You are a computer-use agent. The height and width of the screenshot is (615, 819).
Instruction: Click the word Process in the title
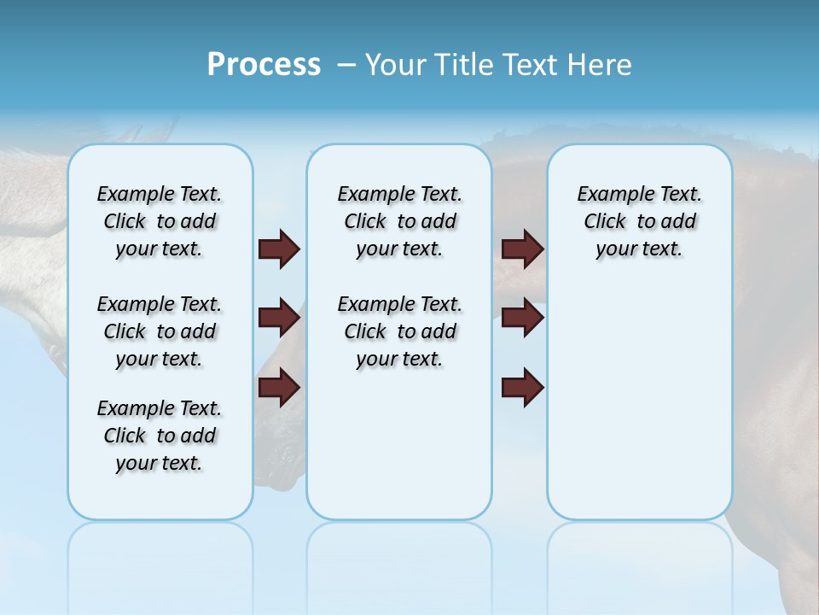pos(264,65)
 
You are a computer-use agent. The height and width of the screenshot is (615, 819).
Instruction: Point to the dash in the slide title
pos(346,66)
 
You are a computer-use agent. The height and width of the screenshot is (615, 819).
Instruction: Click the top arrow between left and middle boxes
pos(279,249)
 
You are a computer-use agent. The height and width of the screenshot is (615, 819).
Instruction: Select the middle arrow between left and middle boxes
pos(279,318)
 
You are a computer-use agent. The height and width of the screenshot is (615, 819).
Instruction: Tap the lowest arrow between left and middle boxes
pos(279,388)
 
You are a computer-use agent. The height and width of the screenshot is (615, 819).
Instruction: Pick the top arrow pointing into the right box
pos(522,249)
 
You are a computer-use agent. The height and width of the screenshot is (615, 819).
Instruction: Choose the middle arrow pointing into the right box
pos(522,318)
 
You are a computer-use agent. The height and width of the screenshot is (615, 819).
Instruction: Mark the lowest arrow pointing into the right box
pos(522,388)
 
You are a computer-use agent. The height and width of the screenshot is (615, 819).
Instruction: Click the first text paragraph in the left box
pos(160,221)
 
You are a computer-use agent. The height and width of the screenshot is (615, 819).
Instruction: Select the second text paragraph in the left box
pos(160,331)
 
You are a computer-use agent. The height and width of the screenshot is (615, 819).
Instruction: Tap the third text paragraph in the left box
pos(160,436)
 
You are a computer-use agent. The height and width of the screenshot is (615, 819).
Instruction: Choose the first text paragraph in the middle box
pos(399,221)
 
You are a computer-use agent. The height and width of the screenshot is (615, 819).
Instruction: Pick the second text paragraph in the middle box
pos(399,331)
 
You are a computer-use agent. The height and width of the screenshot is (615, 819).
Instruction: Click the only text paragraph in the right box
pos(639,221)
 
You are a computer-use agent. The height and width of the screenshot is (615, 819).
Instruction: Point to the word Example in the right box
pos(609,195)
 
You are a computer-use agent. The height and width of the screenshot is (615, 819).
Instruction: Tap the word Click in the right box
pos(605,222)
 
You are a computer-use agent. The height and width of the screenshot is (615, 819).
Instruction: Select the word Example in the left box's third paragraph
pos(129,409)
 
